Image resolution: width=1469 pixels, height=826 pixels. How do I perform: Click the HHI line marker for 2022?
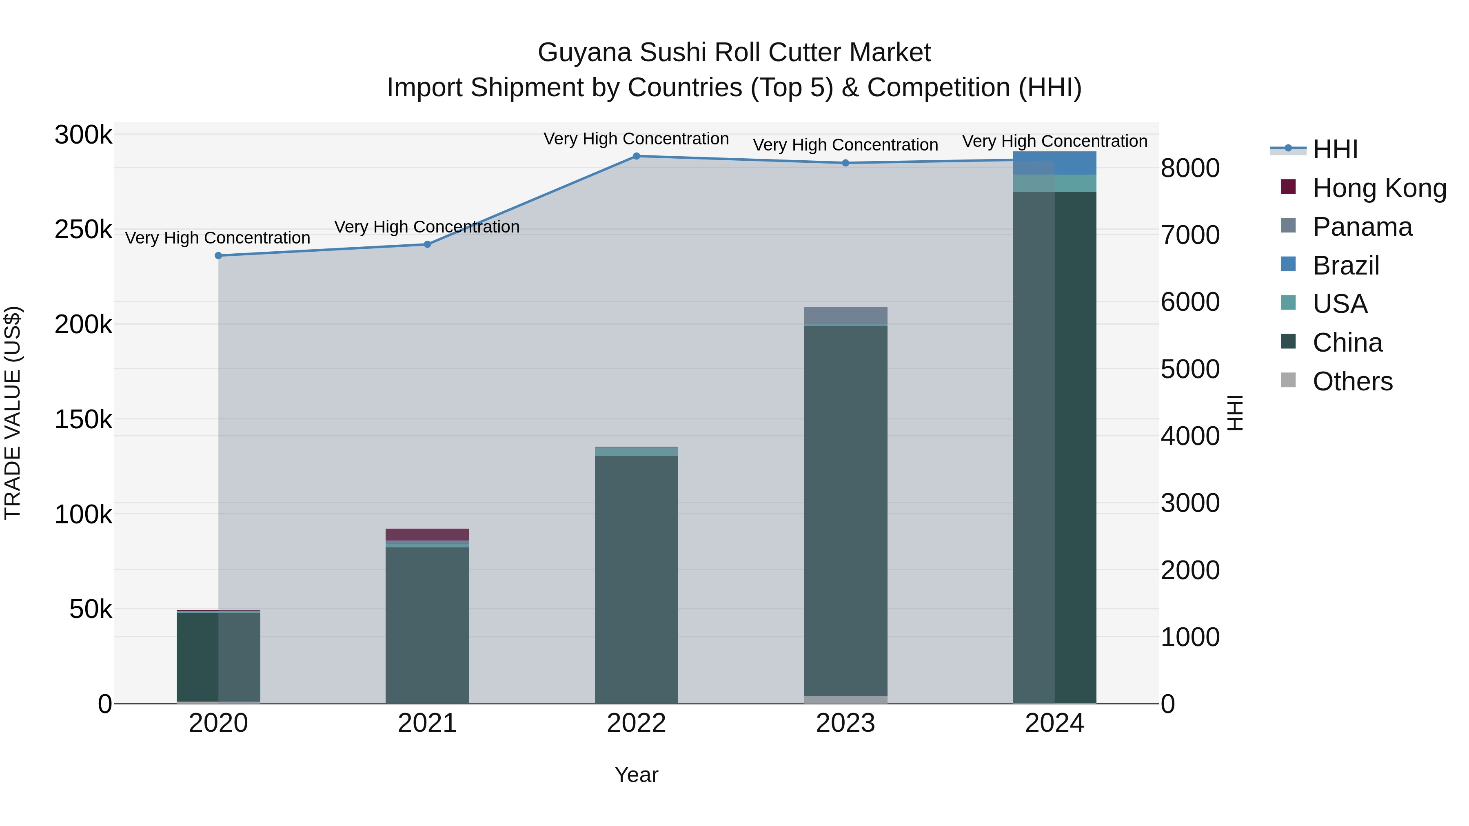click(x=637, y=156)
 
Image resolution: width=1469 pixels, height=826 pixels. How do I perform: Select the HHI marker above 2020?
click(x=218, y=255)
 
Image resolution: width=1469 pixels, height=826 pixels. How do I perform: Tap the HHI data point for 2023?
click(x=846, y=163)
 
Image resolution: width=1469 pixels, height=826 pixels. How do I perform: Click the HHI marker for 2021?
click(x=427, y=245)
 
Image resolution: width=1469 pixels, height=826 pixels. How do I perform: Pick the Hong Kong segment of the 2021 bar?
click(x=427, y=534)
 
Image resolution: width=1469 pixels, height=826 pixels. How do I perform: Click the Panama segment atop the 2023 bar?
click(x=846, y=315)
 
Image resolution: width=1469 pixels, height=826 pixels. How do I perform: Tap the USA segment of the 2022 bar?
click(x=637, y=452)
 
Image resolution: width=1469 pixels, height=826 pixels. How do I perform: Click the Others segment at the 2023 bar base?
click(x=846, y=700)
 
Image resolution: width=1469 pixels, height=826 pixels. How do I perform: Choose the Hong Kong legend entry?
click(x=1379, y=188)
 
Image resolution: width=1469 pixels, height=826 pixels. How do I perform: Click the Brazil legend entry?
click(x=1346, y=266)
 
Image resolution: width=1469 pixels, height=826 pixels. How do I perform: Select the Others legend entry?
click(x=1352, y=381)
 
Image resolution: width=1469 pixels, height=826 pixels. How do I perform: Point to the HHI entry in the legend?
click(x=1334, y=149)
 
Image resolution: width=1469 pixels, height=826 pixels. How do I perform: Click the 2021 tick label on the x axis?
click(x=427, y=723)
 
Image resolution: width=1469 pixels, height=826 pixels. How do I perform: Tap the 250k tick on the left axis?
click(x=83, y=230)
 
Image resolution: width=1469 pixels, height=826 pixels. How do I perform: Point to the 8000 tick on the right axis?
click(x=1190, y=168)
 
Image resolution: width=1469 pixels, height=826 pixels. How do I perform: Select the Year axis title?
click(x=637, y=775)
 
